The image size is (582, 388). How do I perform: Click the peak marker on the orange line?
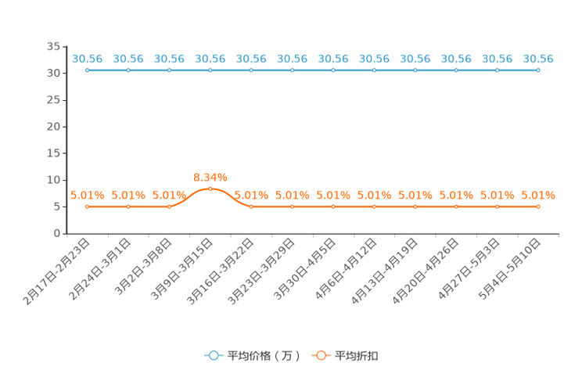210,189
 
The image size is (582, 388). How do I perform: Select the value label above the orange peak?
210,177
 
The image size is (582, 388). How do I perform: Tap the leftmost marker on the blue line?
87,70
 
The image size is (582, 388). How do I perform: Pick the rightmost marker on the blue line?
538,70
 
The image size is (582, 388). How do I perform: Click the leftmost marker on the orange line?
87,207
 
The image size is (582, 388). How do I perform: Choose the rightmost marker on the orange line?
538,207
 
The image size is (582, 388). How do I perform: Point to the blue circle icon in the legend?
214,355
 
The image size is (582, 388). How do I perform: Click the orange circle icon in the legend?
321,355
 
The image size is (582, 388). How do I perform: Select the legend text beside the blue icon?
264,356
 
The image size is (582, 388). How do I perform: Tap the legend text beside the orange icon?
358,356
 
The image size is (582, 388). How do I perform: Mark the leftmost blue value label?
87,59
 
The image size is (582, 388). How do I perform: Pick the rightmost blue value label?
538,59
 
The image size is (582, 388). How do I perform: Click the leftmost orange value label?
87,196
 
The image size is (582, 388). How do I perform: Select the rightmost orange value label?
538,196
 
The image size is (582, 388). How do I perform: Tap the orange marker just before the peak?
169,207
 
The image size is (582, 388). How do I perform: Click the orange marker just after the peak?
251,207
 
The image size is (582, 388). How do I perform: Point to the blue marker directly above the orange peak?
210,70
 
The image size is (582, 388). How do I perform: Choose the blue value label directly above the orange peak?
210,59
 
